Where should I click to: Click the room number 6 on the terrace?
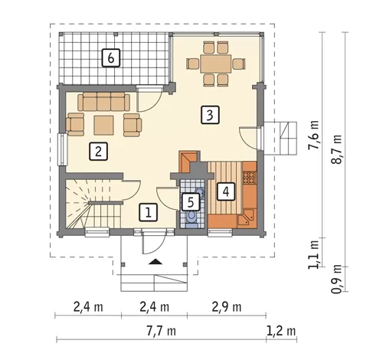(x=111, y=58)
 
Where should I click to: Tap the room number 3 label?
(x=210, y=115)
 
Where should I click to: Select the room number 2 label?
(x=98, y=152)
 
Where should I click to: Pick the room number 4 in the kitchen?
(x=226, y=191)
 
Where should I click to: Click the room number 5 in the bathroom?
(x=191, y=202)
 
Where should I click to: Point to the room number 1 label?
(x=148, y=212)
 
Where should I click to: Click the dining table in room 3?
(x=216, y=64)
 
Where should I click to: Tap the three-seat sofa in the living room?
(x=103, y=102)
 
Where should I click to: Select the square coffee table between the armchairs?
(x=103, y=125)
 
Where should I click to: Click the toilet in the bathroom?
(x=191, y=218)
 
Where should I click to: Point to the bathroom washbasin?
(x=200, y=192)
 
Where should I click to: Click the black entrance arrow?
(x=155, y=262)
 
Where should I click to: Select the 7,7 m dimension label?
(x=161, y=331)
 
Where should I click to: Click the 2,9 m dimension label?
(x=227, y=307)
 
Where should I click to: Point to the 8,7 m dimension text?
(x=336, y=149)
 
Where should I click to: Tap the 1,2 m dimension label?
(x=281, y=331)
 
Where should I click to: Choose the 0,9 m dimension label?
(x=336, y=279)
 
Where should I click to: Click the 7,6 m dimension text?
(x=313, y=135)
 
